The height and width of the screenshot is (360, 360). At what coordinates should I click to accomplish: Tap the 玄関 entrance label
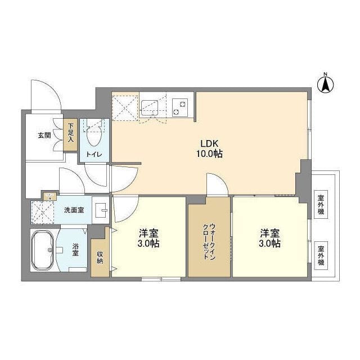click(44, 135)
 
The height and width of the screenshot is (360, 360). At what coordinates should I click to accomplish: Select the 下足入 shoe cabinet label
click(71, 135)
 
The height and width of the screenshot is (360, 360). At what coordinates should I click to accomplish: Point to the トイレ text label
click(94, 154)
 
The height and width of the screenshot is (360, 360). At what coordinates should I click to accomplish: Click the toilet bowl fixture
click(94, 134)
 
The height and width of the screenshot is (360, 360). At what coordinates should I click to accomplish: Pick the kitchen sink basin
click(150, 106)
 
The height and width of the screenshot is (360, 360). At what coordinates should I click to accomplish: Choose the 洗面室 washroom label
click(73, 210)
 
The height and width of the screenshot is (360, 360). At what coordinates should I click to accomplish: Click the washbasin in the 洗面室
click(101, 211)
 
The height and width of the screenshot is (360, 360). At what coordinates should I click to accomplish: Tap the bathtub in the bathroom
click(43, 250)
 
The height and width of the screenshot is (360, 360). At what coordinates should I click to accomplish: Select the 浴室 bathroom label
click(75, 250)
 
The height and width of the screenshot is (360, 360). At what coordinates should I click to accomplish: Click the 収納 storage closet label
click(100, 256)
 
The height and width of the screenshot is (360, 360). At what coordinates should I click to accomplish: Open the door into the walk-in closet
click(217, 186)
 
